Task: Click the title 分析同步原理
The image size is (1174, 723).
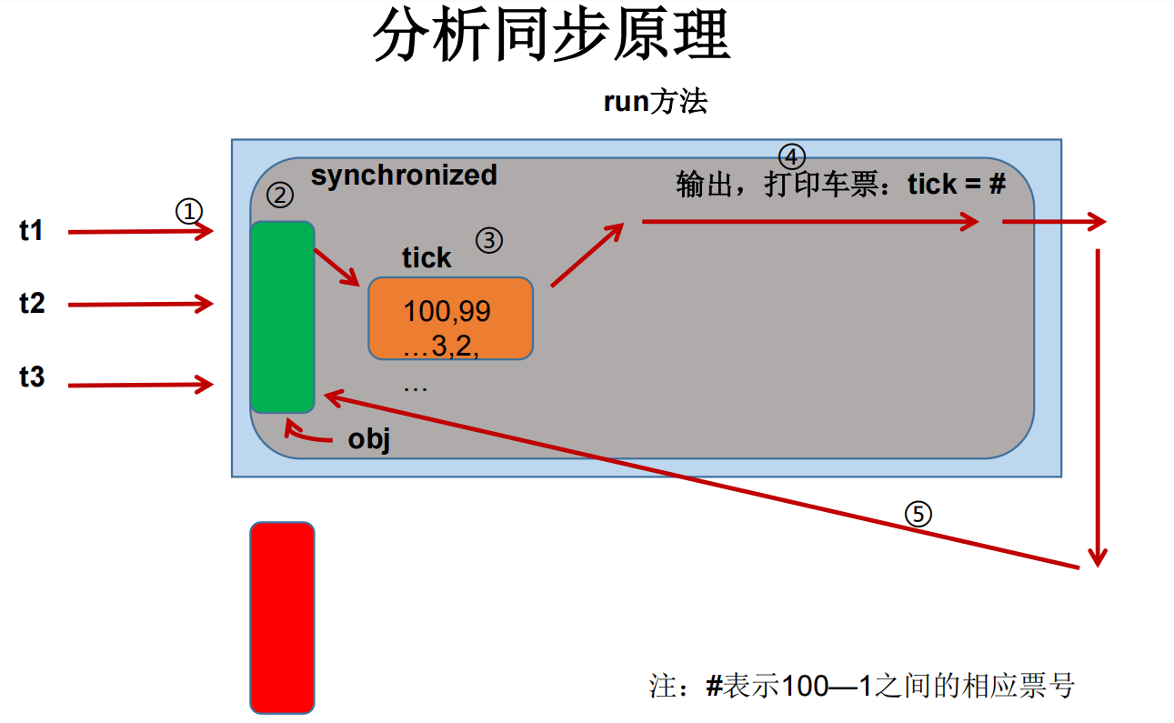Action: pyautogui.click(x=552, y=36)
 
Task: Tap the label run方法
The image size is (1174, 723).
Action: pyautogui.click(x=655, y=102)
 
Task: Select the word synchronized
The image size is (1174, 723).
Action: pyautogui.click(x=404, y=175)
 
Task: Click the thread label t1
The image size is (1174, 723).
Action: pyautogui.click(x=32, y=231)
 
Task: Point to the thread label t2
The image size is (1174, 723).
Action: pyautogui.click(x=32, y=303)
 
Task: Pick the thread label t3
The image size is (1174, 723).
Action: pyautogui.click(x=32, y=377)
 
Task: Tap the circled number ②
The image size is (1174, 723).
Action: pyautogui.click(x=280, y=194)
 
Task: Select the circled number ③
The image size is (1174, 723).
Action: pyautogui.click(x=488, y=240)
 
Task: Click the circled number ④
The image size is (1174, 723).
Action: pyautogui.click(x=791, y=156)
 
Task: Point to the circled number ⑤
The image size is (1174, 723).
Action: pyautogui.click(x=918, y=515)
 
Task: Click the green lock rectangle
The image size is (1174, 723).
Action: pyautogui.click(x=282, y=316)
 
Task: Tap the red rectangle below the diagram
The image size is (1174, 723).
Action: pyautogui.click(x=282, y=617)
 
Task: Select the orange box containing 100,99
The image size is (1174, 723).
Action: pyautogui.click(x=450, y=318)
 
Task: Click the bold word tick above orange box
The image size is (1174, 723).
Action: pyautogui.click(x=426, y=258)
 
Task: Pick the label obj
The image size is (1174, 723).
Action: pyautogui.click(x=368, y=440)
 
